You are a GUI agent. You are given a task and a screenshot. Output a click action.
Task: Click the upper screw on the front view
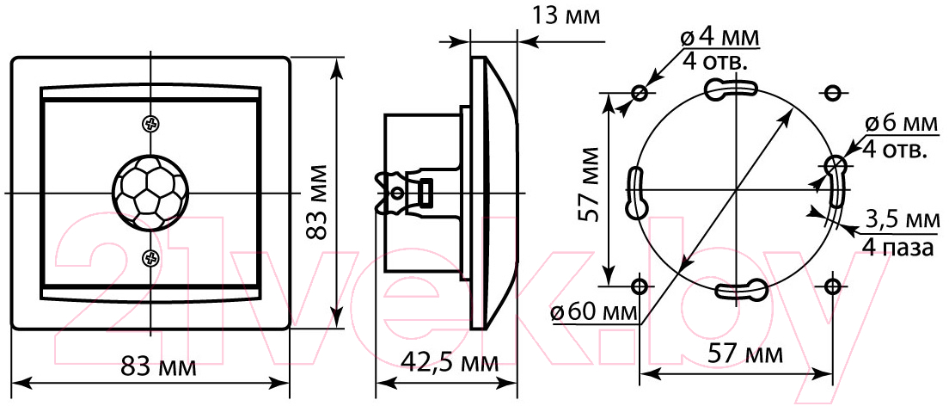[150, 124]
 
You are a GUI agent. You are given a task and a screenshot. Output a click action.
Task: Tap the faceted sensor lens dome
[150, 193]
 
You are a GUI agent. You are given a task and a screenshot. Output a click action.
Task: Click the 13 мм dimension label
[566, 15]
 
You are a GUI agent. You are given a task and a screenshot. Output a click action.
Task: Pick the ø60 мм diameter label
[595, 313]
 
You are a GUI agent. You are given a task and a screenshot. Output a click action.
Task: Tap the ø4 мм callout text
[719, 38]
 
